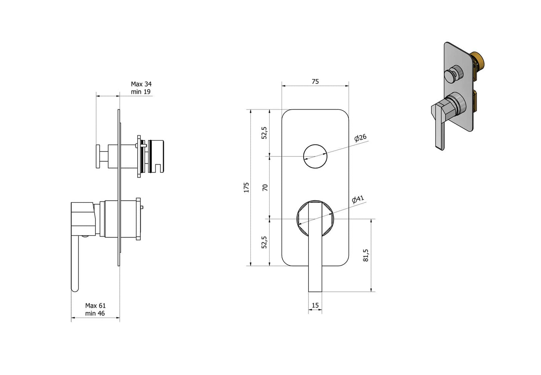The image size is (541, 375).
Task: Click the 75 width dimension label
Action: point(315,81)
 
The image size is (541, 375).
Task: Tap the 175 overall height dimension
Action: point(246,187)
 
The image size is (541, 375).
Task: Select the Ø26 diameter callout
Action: point(360,138)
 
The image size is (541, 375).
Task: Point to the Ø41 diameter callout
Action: point(358,199)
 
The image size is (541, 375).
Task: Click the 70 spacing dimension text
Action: point(265,187)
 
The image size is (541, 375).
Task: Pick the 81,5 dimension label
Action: point(366,255)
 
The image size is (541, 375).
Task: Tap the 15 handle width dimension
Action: point(315,305)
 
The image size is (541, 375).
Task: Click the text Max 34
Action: point(141,84)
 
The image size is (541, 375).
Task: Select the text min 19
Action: point(141,92)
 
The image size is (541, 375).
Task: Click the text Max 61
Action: point(95,306)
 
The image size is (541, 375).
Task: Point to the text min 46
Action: point(95,313)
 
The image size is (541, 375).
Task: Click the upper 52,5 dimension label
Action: point(264,133)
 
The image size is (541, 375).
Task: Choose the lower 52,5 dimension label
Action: point(264,242)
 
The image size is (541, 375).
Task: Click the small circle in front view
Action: point(315,156)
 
